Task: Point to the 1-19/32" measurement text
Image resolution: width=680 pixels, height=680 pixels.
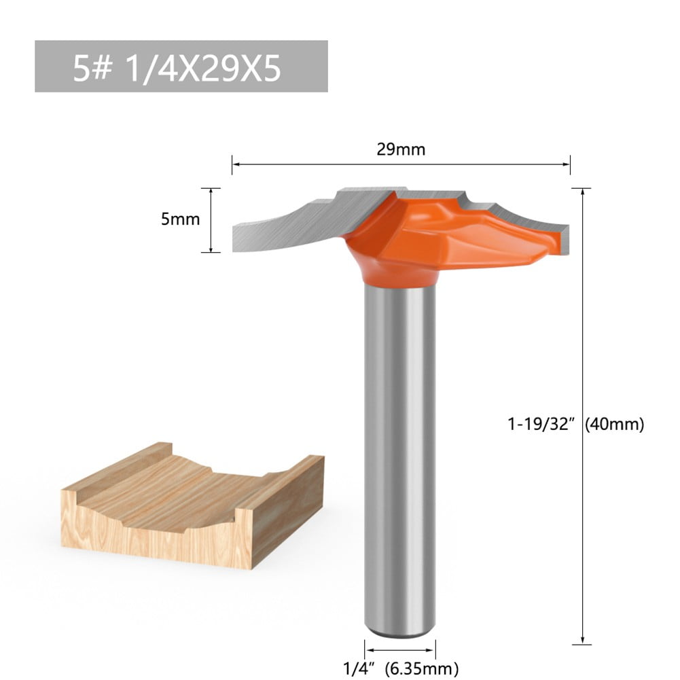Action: [x=541, y=424]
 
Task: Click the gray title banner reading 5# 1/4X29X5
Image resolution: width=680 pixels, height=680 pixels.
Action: [x=181, y=66]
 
